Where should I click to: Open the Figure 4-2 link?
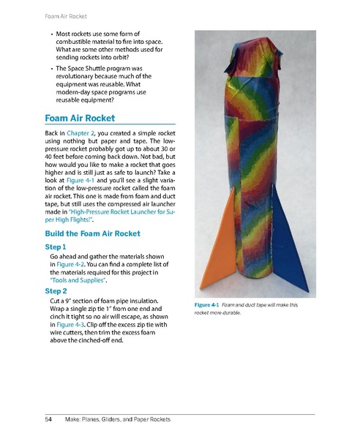[x=72, y=266]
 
